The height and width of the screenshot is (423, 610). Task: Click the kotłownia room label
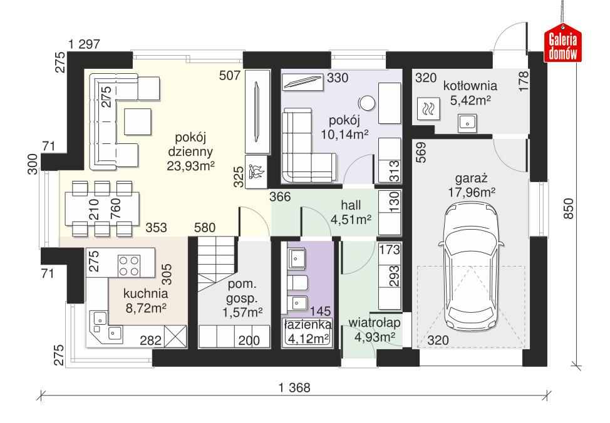pos(469,85)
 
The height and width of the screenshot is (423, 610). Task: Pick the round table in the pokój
pos(366,102)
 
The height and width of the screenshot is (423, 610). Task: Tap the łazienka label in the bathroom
pos(307,325)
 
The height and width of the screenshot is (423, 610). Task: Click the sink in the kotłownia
pos(467,123)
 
